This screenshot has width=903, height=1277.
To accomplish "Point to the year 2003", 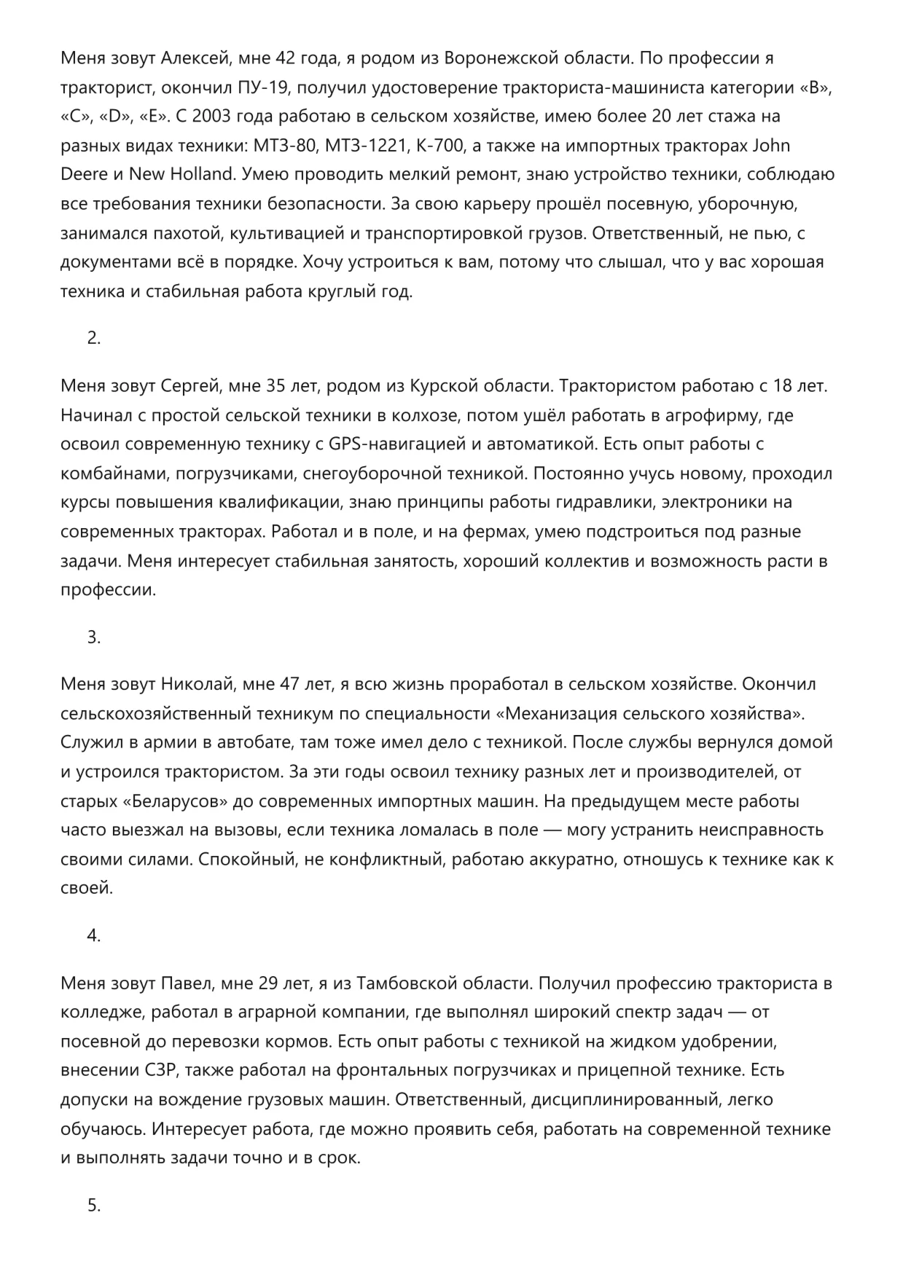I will [217, 117].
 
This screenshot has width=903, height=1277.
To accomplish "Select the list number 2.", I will [93, 338].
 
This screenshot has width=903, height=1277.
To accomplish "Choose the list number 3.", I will [93, 637].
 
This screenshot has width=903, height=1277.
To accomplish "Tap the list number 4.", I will [93, 936].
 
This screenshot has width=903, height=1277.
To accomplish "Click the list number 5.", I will [93, 1206].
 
